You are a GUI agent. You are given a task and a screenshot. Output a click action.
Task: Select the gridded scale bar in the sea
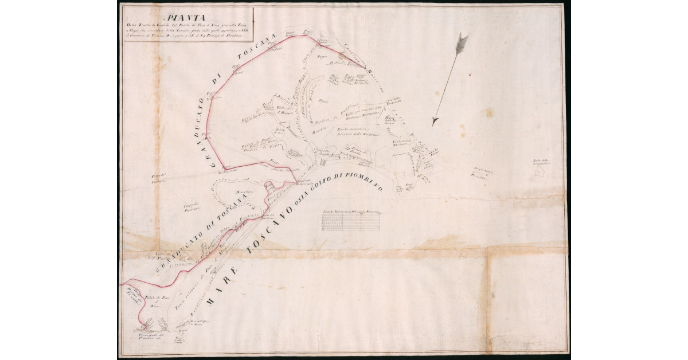tap(350, 221)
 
